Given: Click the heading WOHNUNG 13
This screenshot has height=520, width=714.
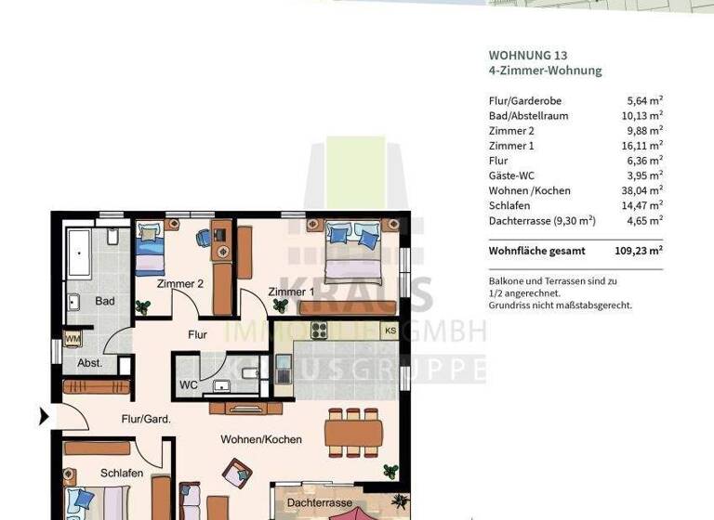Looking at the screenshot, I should tap(527, 55).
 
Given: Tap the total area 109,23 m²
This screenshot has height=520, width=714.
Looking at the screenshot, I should tap(640, 251).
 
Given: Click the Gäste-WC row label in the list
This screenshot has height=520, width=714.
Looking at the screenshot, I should tap(512, 175).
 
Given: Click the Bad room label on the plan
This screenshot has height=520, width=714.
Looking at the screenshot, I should tap(104, 301).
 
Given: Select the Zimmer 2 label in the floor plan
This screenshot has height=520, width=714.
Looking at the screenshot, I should tap(179, 284).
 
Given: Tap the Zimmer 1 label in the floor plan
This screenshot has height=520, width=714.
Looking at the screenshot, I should tap(290, 292).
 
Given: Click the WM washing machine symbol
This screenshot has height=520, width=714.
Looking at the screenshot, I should tap(73, 339).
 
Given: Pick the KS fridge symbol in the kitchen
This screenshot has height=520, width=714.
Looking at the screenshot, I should tap(390, 331).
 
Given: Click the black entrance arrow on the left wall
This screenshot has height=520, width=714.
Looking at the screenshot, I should tap(44, 417).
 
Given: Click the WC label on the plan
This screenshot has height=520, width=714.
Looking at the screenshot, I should tap(188, 383).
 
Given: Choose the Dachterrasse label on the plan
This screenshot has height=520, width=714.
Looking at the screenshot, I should tap(319, 502).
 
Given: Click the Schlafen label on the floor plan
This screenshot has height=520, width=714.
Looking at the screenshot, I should tap(122, 473).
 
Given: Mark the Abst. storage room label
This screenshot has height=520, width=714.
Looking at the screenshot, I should tap(90, 363).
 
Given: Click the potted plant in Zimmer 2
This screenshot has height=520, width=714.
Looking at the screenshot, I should tap(142, 306).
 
